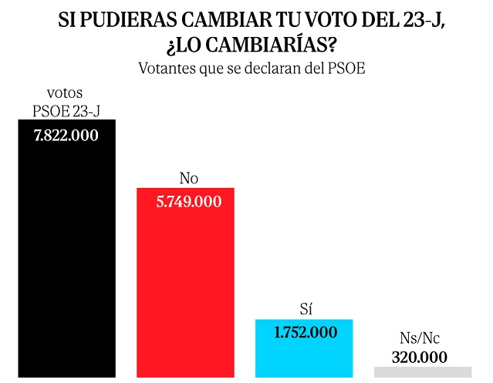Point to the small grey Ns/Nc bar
pos(421,371)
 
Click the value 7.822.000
pos(66,136)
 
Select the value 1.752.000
pos(304,333)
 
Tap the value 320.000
pos(421,357)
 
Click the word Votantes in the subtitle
pos(168,68)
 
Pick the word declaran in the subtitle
pos(281,68)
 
